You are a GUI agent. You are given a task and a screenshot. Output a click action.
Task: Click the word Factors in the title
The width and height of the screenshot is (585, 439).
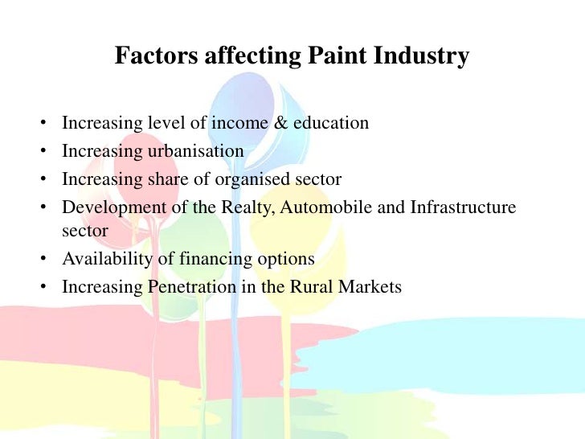click(x=149, y=57)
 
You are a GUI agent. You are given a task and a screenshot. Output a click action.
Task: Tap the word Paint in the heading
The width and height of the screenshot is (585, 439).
click(x=333, y=57)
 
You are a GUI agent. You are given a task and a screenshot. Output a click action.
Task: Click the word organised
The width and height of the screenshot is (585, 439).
click(x=253, y=178)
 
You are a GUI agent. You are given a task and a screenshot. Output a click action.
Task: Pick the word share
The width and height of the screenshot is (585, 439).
click(x=170, y=178)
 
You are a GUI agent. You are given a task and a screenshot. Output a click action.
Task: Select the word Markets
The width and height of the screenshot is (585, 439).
click(x=369, y=287)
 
